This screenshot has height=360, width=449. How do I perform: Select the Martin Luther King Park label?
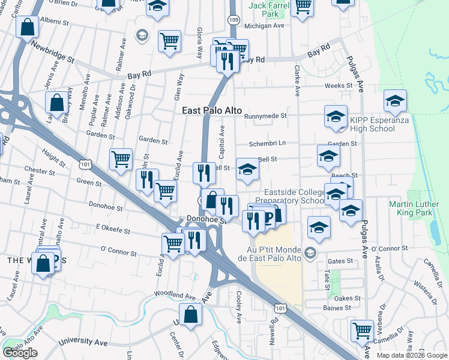418,212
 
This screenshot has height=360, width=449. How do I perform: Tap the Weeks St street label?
339,86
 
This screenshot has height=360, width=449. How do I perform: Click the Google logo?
20,353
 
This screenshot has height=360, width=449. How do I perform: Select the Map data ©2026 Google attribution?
411,355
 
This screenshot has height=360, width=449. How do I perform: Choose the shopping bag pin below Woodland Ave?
190,314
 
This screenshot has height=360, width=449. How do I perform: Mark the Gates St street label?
340,262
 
